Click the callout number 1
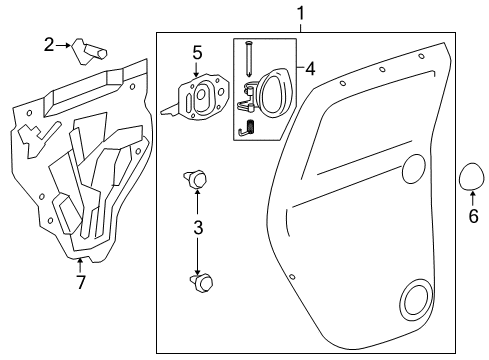(x=301, y=14)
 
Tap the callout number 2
(x=49, y=45)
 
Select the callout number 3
(x=198, y=228)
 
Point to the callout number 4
(x=310, y=69)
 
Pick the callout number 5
(x=197, y=53)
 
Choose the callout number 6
(x=473, y=216)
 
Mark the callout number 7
(x=81, y=282)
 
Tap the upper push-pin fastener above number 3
(x=195, y=179)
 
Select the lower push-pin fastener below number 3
(x=201, y=283)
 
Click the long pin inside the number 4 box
(x=249, y=59)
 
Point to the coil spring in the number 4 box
(x=252, y=127)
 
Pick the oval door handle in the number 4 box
(x=275, y=93)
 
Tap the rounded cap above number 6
(x=472, y=176)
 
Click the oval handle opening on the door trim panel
(x=414, y=169)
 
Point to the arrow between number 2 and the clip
(x=63, y=45)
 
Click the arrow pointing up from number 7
(x=79, y=266)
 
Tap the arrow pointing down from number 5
(x=196, y=70)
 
